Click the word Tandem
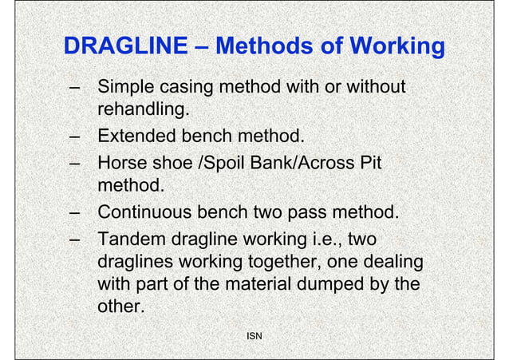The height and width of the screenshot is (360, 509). point(131,240)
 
